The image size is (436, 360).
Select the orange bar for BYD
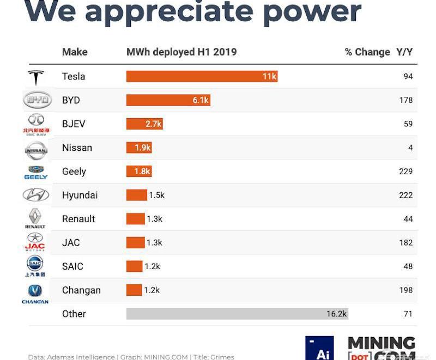[x=168, y=100]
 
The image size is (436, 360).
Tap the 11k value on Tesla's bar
[x=269, y=77]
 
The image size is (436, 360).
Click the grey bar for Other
[x=237, y=314]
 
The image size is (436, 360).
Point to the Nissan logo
[x=37, y=148]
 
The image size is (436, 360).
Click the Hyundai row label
[x=80, y=195]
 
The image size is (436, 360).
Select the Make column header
[x=75, y=52]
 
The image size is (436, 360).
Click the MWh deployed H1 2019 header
[x=181, y=52]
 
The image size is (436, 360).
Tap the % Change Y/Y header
[x=378, y=52]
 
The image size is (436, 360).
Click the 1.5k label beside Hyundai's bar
[x=157, y=195]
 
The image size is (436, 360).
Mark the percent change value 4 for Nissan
[x=410, y=148]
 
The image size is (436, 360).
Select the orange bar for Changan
[x=134, y=290]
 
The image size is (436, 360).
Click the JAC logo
[x=35, y=242]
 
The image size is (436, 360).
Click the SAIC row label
[x=72, y=266]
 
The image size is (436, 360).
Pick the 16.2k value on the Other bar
[x=336, y=314]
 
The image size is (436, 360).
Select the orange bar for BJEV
[x=144, y=124]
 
